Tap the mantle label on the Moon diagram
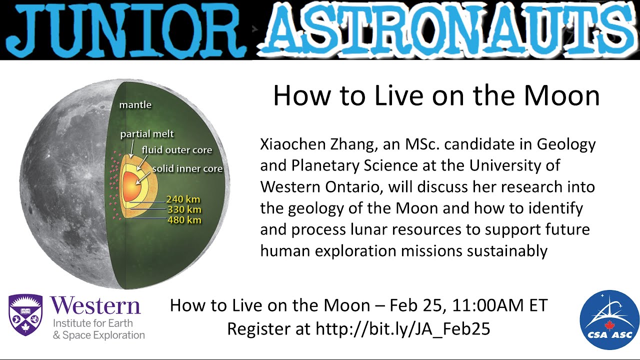[x=135, y=105]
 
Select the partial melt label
[x=147, y=134]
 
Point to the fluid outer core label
[x=176, y=150]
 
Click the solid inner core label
[x=187, y=168]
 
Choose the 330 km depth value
[x=183, y=210]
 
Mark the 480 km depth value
[x=183, y=220]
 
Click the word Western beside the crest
[x=95, y=305]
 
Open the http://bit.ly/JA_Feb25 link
[x=402, y=328]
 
